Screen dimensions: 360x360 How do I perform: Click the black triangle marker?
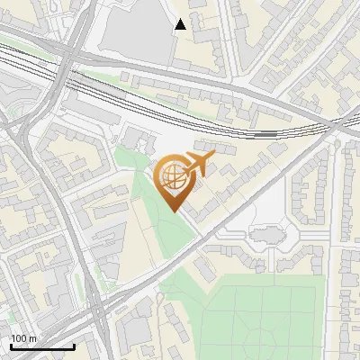[180, 24]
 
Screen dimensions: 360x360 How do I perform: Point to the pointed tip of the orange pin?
[175, 211]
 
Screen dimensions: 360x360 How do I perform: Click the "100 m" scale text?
[23, 338]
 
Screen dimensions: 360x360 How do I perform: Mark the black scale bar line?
[41, 346]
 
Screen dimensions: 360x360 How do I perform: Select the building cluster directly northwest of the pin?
[135, 139]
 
